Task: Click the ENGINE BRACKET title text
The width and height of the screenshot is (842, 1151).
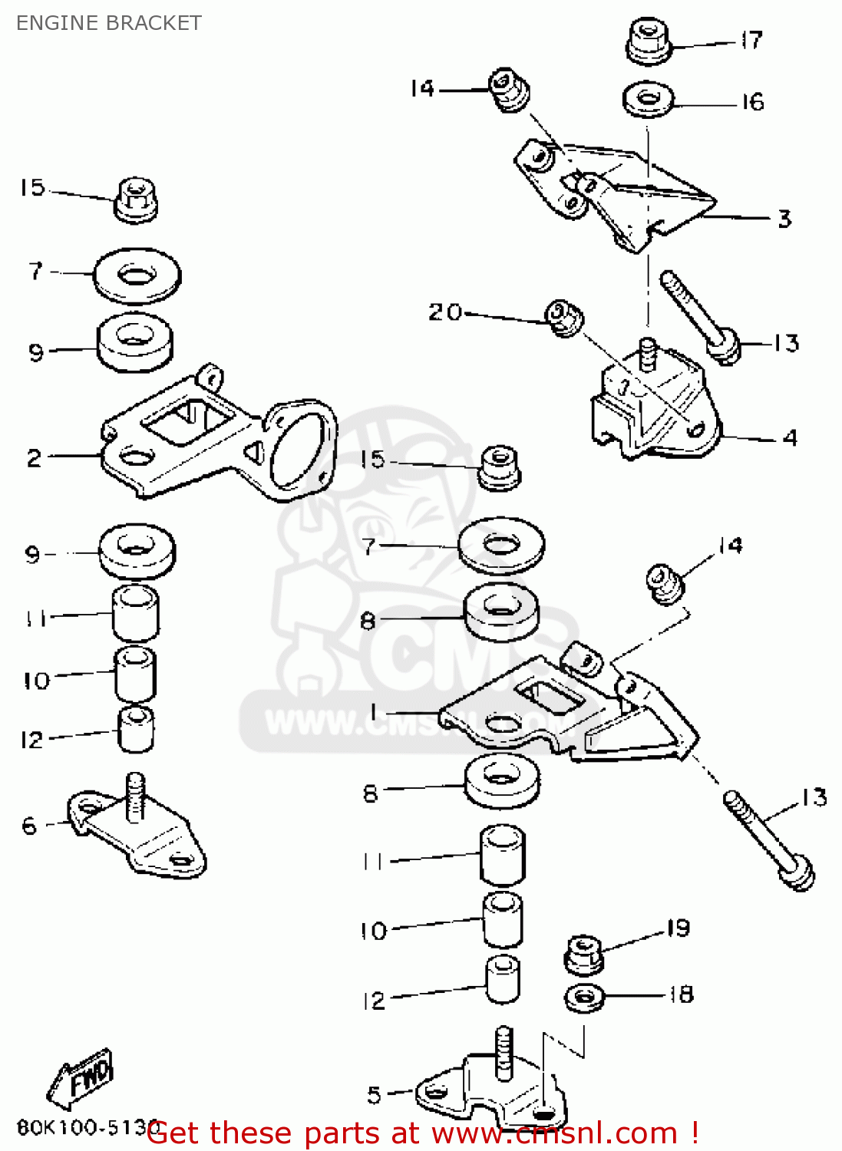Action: pyautogui.click(x=108, y=23)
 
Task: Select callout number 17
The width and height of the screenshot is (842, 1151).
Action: pyautogui.click(x=751, y=40)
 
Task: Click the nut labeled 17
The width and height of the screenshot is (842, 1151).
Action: pyautogui.click(x=649, y=42)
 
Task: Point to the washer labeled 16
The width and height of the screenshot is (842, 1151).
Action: pyautogui.click(x=649, y=100)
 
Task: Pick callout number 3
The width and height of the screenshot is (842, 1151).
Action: pyautogui.click(x=784, y=219)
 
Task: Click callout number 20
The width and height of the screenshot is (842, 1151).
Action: pyautogui.click(x=445, y=312)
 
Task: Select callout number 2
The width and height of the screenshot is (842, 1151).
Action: pyautogui.click(x=35, y=458)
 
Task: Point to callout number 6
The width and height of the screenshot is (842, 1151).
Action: pyautogui.click(x=29, y=826)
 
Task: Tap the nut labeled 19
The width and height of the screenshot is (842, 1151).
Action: pyautogui.click(x=584, y=953)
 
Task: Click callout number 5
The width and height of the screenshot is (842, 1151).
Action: pyautogui.click(x=374, y=1095)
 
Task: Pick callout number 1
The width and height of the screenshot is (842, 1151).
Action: pyautogui.click(x=374, y=712)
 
